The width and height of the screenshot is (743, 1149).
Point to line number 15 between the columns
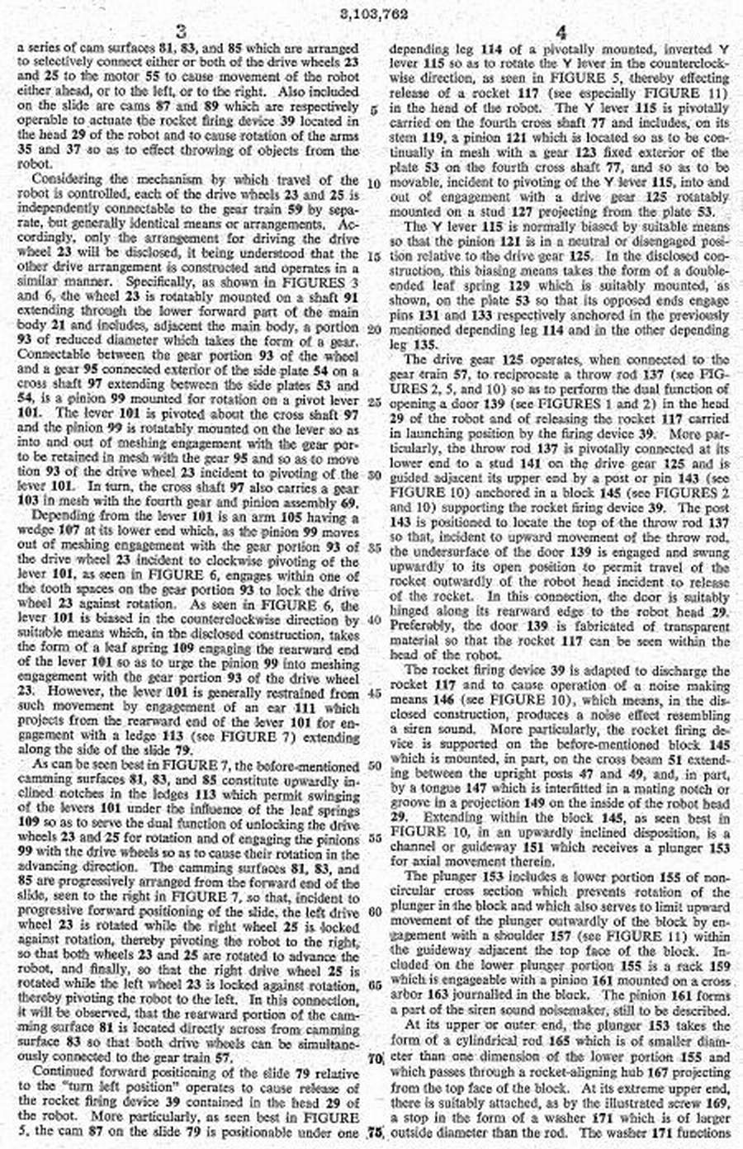374,257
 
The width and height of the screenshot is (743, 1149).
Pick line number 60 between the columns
374,911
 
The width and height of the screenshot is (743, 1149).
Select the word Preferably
419,626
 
